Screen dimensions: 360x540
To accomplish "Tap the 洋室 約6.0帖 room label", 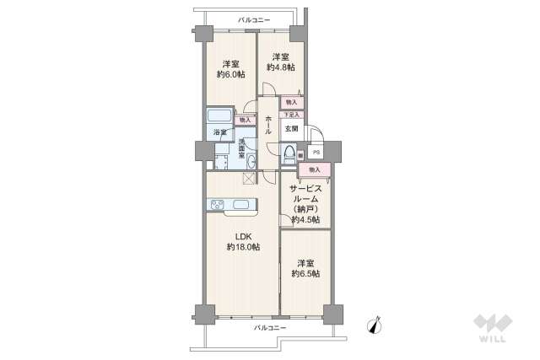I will (x=229, y=69).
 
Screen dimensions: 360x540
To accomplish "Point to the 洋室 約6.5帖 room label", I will (x=305, y=268).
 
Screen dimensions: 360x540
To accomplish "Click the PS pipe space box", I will (x=316, y=153).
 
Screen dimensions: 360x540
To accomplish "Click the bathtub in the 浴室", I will (x=219, y=116).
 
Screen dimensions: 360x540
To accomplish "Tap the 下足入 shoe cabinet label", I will (x=290, y=115).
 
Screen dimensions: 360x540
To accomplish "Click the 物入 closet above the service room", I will (x=314, y=169).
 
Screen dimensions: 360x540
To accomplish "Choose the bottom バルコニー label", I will (x=270, y=327).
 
